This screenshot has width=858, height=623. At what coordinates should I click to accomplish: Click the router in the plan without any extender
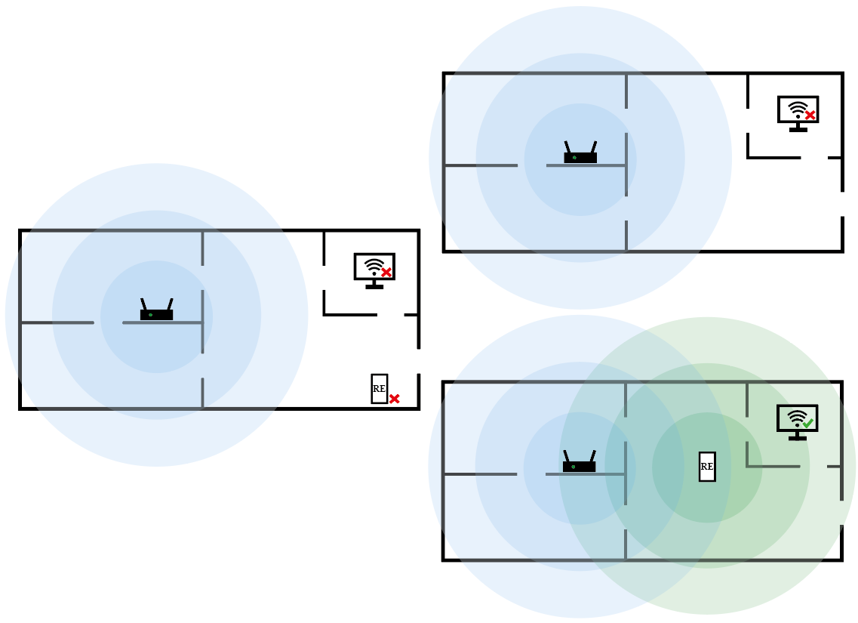click(580, 156)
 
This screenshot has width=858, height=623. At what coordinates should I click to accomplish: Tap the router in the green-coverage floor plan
click(580, 465)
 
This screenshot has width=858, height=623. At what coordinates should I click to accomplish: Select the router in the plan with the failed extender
click(156, 313)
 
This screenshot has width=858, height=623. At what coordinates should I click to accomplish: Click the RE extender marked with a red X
click(379, 388)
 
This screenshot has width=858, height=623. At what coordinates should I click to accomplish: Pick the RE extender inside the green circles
click(707, 467)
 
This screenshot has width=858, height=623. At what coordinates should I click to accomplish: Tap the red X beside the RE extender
click(394, 398)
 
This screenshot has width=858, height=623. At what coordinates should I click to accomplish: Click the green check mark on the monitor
click(808, 424)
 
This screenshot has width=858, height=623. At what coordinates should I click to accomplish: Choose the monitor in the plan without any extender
click(798, 112)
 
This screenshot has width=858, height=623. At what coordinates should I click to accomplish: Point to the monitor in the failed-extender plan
click(374, 269)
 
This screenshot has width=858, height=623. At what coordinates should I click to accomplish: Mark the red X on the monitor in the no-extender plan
click(810, 116)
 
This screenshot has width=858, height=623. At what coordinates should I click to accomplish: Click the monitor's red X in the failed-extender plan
click(386, 273)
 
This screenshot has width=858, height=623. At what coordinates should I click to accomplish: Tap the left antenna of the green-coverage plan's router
click(567, 456)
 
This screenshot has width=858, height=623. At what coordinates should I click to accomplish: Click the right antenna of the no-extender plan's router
click(594, 146)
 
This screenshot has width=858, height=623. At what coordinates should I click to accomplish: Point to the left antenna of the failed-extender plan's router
click(143, 304)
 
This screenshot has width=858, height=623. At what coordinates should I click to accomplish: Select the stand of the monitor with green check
click(797, 436)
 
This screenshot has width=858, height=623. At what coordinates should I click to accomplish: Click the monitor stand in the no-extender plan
click(798, 128)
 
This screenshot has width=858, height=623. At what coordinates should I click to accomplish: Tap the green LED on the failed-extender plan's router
click(150, 315)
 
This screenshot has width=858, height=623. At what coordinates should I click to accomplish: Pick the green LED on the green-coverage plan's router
click(574, 467)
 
